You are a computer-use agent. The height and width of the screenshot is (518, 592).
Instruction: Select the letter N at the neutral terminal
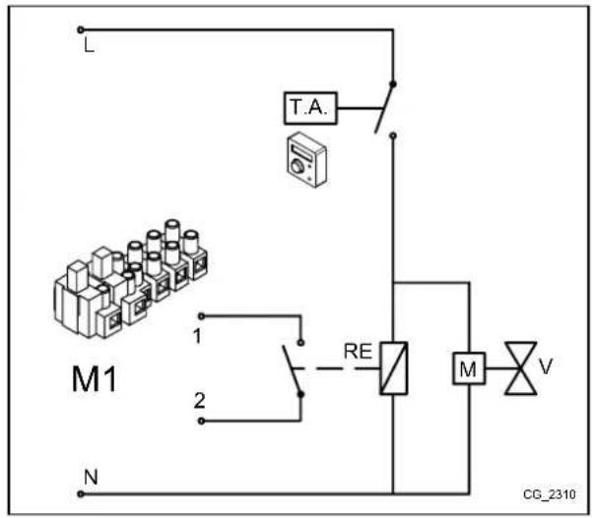[90, 476]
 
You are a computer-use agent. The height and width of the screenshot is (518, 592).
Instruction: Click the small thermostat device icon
[299, 161]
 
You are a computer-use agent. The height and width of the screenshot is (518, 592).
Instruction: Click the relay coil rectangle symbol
[393, 367]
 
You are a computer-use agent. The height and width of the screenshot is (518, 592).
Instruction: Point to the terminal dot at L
[81, 31]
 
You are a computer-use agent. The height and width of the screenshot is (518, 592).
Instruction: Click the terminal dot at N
[81, 490]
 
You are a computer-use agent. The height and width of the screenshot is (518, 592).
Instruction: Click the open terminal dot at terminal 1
[202, 316]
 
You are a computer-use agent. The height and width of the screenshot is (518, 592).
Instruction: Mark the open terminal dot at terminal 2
[202, 421]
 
